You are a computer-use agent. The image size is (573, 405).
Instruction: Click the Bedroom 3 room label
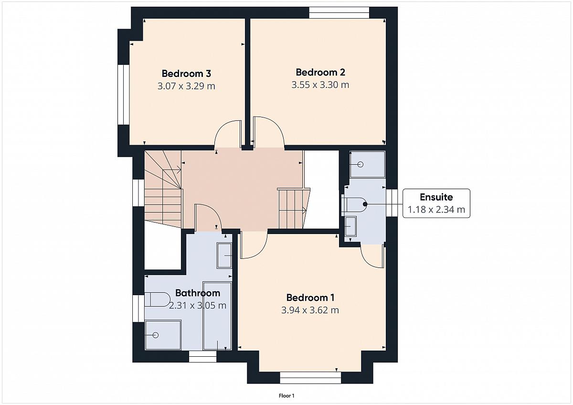tap(186, 74)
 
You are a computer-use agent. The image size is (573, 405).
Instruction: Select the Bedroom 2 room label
tap(320, 73)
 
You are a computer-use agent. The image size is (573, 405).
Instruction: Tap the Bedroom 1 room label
tap(310, 298)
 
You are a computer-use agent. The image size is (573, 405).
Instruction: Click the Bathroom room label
tap(198, 293)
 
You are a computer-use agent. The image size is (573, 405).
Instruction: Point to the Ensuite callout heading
tap(436, 197)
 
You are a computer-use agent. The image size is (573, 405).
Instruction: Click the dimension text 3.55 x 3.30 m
tap(320, 85)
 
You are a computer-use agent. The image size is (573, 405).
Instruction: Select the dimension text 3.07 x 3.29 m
tap(186, 86)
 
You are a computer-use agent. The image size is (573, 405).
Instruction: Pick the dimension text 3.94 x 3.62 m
tap(310, 310)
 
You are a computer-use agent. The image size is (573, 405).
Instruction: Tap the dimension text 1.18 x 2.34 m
tap(436, 210)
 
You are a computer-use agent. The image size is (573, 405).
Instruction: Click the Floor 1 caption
tap(286, 396)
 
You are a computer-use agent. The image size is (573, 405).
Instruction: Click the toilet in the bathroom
tap(157, 299)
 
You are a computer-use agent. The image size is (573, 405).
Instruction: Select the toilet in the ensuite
tap(354, 204)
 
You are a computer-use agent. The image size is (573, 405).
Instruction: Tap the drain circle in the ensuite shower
tap(361, 164)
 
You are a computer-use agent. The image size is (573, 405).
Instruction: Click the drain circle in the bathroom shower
tap(156, 335)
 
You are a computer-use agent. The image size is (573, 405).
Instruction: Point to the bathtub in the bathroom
tap(217, 316)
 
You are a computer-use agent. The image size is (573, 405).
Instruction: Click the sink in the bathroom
tap(224, 256)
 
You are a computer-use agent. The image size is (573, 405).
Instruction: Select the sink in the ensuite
tap(350, 226)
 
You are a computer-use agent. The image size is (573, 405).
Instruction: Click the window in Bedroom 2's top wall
tap(339, 12)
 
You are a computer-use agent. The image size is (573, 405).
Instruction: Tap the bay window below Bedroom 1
tap(310, 378)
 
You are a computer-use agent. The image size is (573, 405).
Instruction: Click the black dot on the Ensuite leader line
tap(365, 204)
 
